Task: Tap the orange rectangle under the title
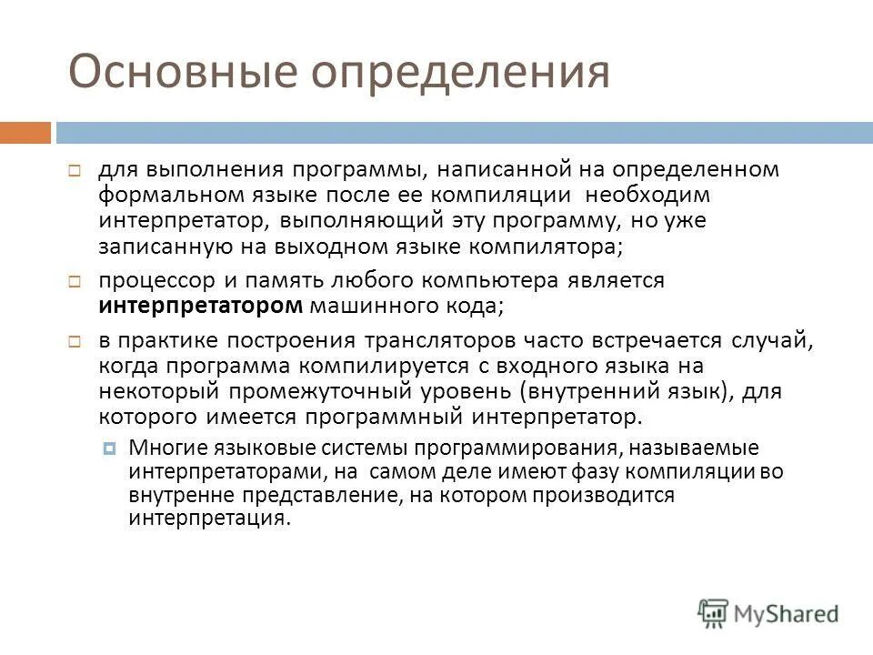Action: [x=25, y=133]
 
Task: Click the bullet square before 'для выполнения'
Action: [x=75, y=171]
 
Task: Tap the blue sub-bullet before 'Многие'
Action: [x=110, y=448]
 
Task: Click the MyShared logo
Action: [x=768, y=610]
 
